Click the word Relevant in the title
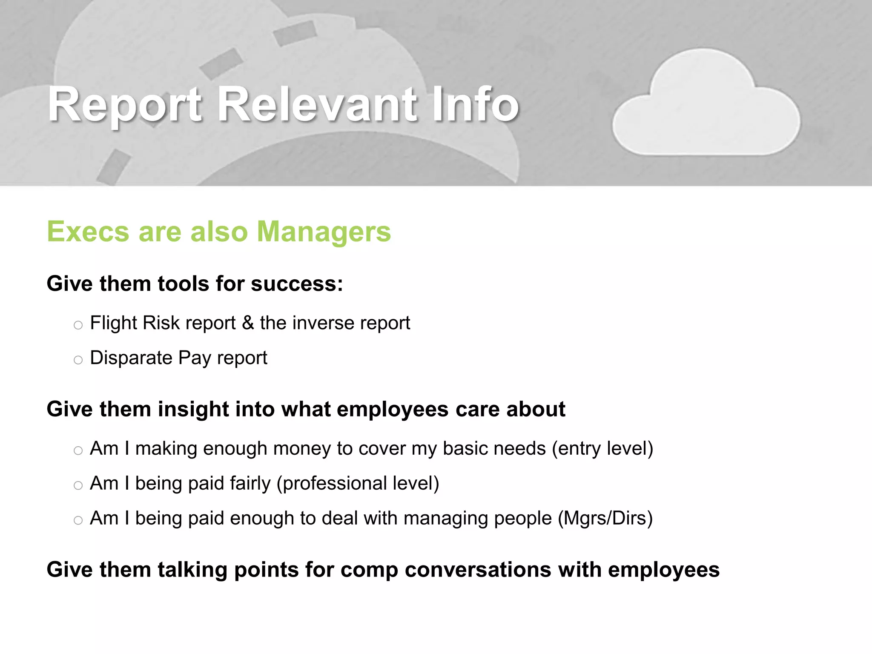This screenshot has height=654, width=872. pos(317,104)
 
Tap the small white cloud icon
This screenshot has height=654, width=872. pos(706,106)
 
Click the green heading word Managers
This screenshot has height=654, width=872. pos(324,232)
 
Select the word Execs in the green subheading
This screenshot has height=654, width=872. pos(88,232)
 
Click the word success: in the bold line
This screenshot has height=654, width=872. pos(297,284)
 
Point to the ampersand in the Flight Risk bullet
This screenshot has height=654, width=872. pos(248,323)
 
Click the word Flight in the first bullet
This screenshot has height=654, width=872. pos(113,323)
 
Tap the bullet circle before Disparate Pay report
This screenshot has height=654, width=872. pos(78,360)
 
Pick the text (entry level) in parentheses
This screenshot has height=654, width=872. pos(602,449)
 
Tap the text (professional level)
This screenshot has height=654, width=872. pos(358,484)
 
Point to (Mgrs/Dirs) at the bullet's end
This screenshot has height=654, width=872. pos(605,519)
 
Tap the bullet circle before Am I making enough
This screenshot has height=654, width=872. pos(78,451)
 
